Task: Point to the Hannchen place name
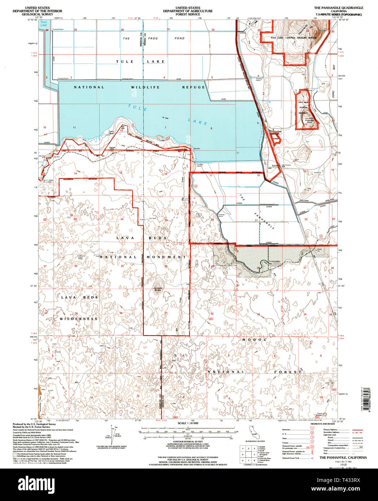[275, 132]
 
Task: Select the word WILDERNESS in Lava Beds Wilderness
[79, 319]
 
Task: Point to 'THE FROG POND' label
[153, 38]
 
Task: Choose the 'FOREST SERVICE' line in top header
[188, 14]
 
